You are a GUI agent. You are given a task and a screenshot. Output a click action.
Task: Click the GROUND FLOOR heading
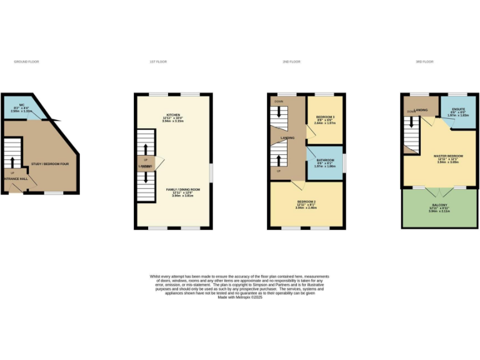[26, 62]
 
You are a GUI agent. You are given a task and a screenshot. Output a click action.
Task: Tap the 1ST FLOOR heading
[158, 62]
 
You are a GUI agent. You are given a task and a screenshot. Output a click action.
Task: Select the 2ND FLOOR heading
[291, 62]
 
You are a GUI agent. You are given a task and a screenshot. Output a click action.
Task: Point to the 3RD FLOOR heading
[425, 62]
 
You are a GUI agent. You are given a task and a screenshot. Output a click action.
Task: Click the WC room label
[21, 105]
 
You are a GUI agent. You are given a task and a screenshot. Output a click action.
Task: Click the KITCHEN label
[173, 115]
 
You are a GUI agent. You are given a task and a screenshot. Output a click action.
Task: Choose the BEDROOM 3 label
[326, 117]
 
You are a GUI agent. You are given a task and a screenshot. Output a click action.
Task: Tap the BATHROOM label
[325, 161]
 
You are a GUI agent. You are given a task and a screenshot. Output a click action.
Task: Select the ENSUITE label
[458, 109]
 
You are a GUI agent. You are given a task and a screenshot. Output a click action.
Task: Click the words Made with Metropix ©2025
[240, 297]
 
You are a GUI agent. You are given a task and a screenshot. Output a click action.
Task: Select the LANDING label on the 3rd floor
[421, 111]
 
